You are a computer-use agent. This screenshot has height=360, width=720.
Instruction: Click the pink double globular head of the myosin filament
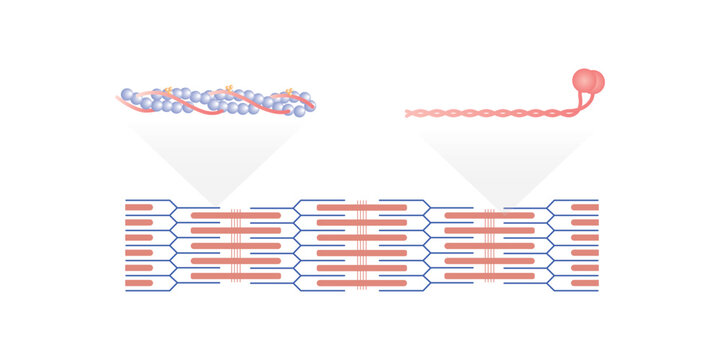click(x=588, y=81)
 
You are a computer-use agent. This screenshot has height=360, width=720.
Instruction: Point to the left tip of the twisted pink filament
click(x=408, y=114)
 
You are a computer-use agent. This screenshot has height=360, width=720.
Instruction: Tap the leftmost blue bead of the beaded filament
click(x=127, y=95)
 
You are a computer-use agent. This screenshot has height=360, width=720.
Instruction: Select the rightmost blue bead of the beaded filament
click(x=305, y=98)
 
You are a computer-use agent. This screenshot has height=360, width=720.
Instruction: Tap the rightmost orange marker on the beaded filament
click(x=290, y=93)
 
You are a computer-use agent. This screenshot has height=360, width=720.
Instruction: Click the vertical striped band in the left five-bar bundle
click(x=236, y=245)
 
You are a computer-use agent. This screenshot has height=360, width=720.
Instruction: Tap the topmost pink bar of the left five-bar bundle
click(x=236, y=215)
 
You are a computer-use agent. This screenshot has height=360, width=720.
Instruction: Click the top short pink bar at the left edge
click(x=139, y=207)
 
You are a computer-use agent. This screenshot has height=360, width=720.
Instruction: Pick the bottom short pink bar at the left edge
click(x=139, y=283)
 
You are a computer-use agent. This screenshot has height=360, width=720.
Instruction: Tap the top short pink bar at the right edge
click(x=585, y=207)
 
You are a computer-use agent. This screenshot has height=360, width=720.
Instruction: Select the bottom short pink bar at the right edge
click(x=585, y=283)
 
